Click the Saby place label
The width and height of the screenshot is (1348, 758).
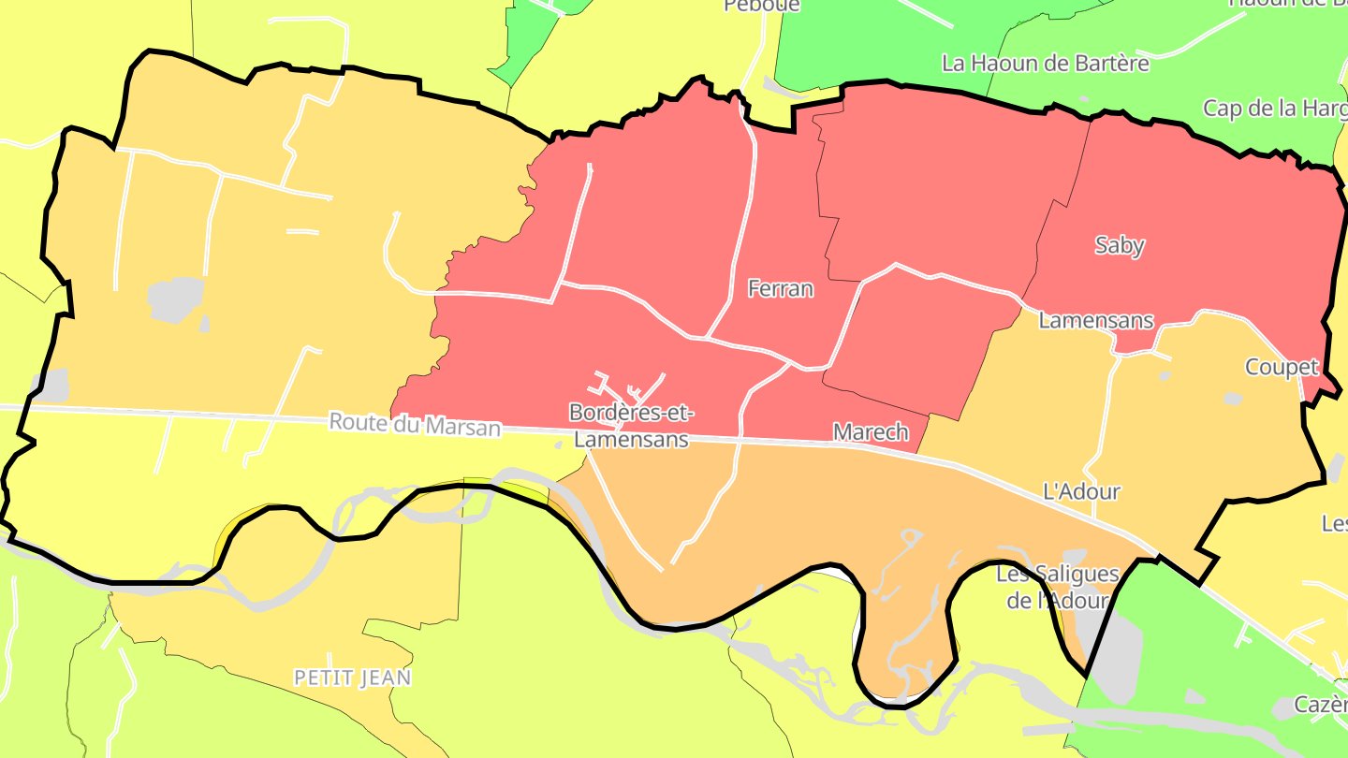tap(1120, 245)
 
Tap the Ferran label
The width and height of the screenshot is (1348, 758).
tap(781, 289)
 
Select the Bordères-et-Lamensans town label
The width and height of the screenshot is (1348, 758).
tap(631, 425)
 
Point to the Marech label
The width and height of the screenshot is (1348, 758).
tap(871, 431)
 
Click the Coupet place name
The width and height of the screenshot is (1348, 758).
tap(1282, 367)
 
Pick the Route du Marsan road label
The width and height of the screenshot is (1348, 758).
tap(415, 425)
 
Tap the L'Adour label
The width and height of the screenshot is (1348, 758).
tap(1081, 491)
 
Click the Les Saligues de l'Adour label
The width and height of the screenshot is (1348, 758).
tap(1057, 587)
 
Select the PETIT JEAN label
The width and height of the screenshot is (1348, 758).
tap(353, 678)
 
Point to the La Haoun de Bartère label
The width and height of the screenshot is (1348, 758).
tap(1045, 64)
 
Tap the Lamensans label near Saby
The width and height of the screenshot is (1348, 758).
tap(1096, 320)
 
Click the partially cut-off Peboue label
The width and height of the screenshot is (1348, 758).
tap(762, 6)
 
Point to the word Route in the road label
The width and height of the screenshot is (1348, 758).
tap(359, 422)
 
